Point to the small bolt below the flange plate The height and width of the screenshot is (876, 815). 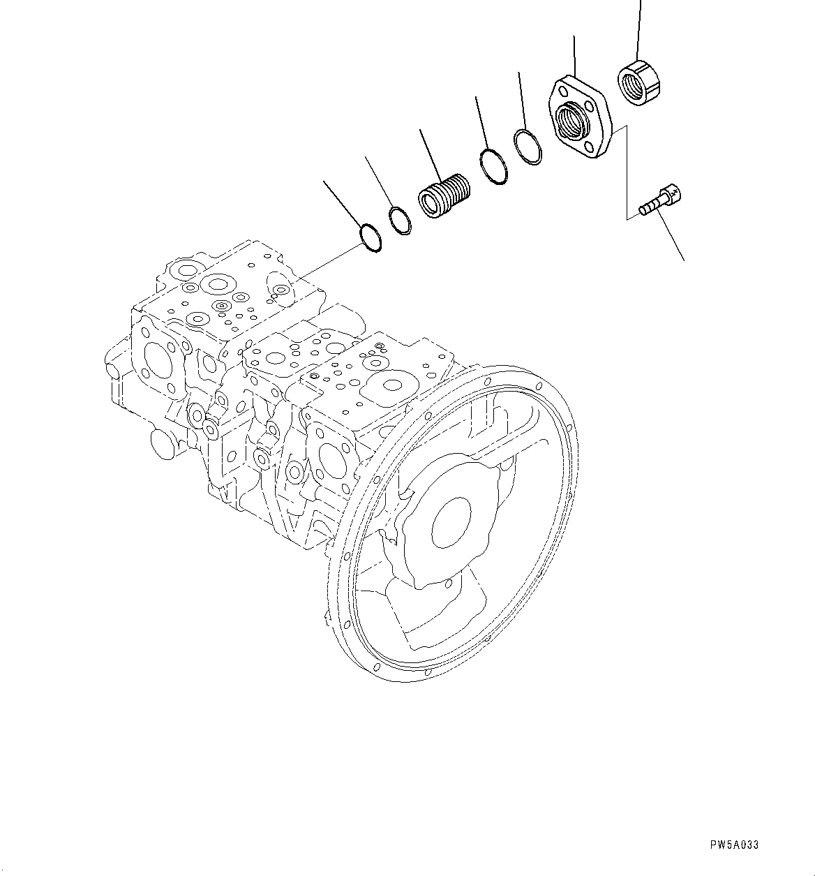(659, 202)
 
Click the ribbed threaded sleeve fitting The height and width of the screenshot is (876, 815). (444, 195)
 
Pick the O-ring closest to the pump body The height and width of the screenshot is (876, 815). (370, 237)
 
